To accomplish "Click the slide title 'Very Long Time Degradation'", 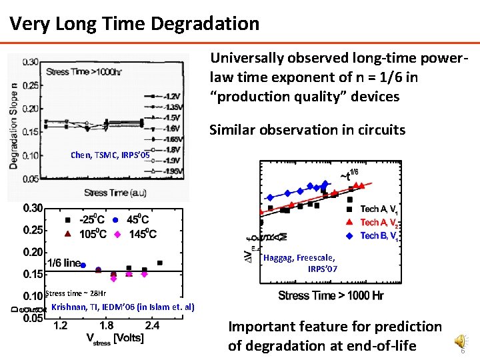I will tap(134, 24).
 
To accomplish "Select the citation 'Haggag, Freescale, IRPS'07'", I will tap(299, 263).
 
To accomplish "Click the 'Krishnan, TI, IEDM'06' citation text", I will tap(123, 307).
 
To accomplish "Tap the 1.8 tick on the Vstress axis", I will tap(106, 325).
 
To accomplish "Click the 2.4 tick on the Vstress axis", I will tap(152, 325).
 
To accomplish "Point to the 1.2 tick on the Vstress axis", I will tap(60, 325).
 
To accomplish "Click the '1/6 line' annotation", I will tap(63, 263).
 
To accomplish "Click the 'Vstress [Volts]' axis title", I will tap(115, 338).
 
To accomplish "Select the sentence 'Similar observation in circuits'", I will tap(307, 130).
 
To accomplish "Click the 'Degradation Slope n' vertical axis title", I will tap(14, 115).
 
